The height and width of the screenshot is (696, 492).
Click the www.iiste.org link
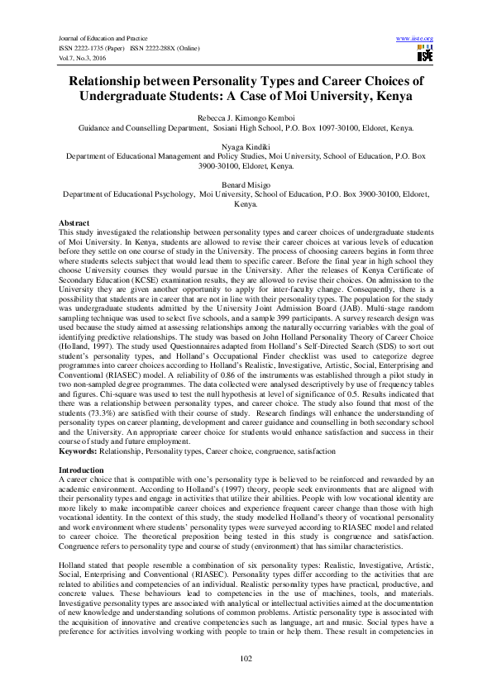point(415,39)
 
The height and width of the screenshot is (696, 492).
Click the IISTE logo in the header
point(424,55)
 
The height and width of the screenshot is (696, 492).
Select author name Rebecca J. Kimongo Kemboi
point(246,118)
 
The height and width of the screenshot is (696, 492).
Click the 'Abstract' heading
point(75,224)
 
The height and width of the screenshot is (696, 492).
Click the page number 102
point(246,657)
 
